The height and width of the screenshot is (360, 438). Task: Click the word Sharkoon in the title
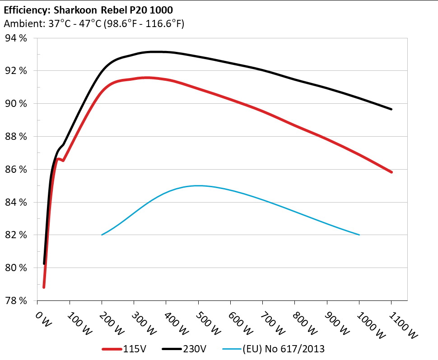72,9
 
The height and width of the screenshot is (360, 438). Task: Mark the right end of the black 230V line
391,109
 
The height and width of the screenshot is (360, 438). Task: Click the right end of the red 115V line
391,172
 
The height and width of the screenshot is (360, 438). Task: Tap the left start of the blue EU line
102,235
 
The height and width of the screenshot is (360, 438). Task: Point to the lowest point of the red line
44,287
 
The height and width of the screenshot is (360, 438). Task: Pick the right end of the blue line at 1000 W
359,235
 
